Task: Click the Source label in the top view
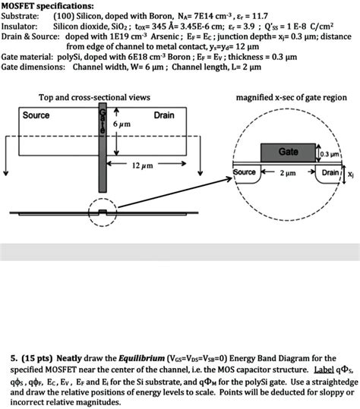coord(36,115)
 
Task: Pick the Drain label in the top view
coord(164,115)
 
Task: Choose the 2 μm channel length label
coord(286,173)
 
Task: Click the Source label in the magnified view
coord(245,172)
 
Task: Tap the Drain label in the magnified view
coord(331,173)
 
